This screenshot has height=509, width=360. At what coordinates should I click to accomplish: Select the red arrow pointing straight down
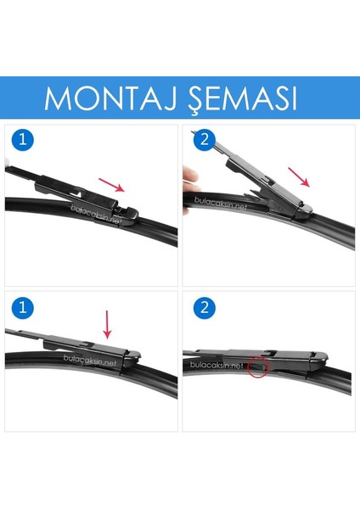(x=108, y=323)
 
